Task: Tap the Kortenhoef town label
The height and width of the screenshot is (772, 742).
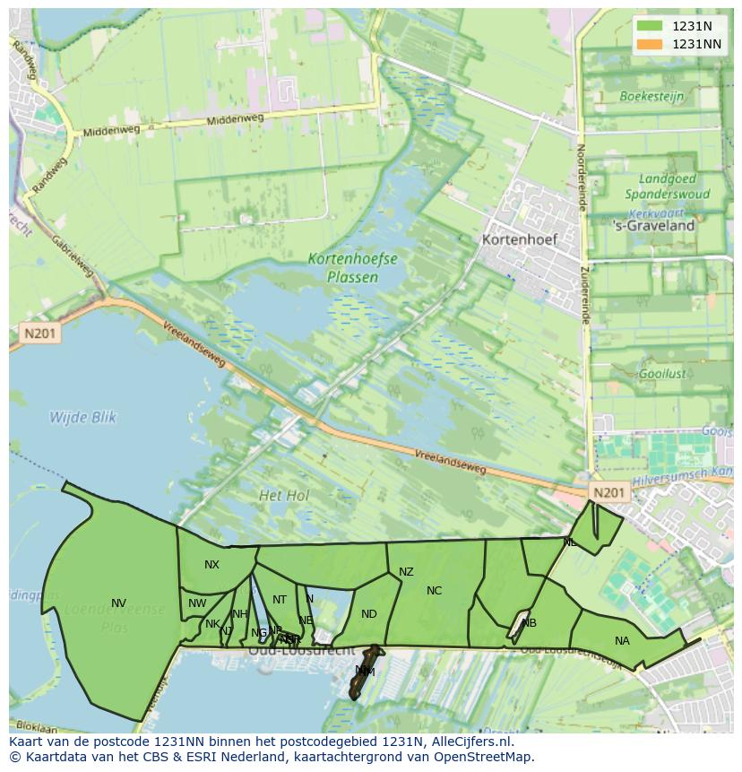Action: (x=519, y=239)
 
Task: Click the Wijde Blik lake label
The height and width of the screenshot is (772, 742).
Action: (x=82, y=417)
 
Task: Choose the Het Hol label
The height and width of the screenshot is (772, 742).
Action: (x=283, y=495)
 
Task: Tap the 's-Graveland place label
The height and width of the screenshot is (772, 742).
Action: (x=666, y=226)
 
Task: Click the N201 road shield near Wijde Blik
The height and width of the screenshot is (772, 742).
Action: (x=39, y=334)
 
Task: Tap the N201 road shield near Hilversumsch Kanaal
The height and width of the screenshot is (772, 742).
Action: (x=609, y=492)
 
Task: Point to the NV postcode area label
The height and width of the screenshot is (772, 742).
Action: (x=118, y=603)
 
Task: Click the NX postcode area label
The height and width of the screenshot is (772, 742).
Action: (x=211, y=565)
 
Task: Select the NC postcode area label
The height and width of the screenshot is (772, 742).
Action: (x=434, y=590)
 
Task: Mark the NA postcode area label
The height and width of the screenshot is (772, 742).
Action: (x=622, y=640)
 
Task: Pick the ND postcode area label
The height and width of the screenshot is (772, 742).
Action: (x=369, y=614)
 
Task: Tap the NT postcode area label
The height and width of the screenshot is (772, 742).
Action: (x=280, y=600)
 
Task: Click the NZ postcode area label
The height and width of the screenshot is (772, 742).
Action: (x=406, y=572)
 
